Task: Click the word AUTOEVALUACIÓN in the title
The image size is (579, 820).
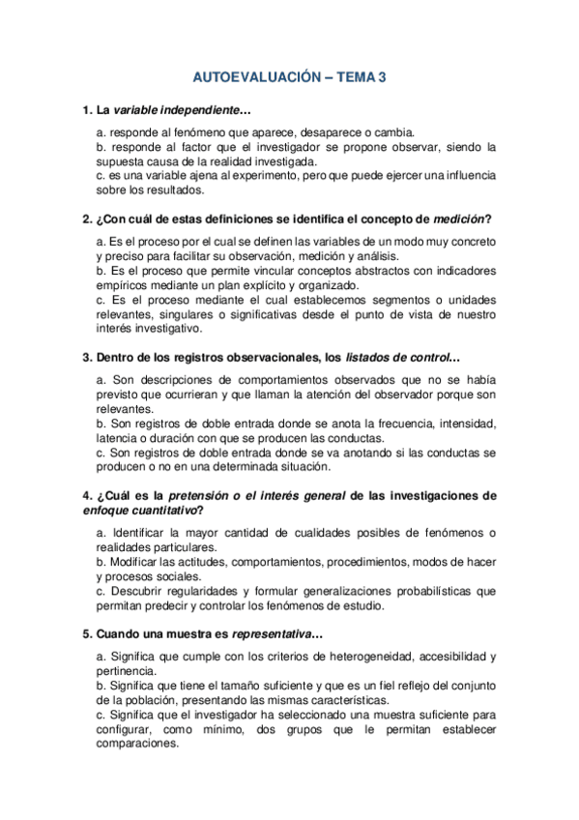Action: coord(255,77)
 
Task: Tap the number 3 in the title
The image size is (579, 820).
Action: coord(382,77)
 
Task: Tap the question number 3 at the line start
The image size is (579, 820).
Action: coord(86,359)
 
